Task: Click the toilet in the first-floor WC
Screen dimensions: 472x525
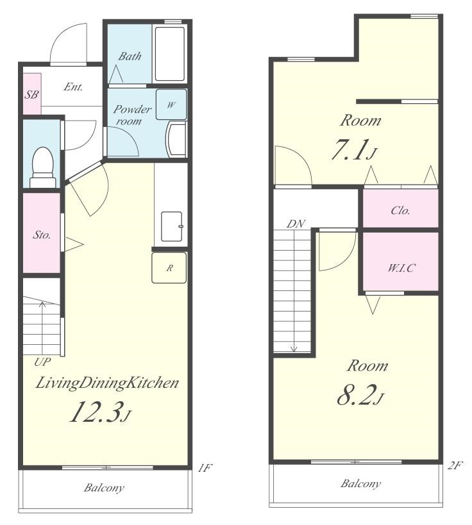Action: click(43, 167)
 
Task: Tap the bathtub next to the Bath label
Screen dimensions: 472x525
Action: click(170, 54)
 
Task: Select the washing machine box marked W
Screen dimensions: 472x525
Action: click(171, 104)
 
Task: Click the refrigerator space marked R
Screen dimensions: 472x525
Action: click(169, 267)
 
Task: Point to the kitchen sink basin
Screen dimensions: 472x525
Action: click(172, 226)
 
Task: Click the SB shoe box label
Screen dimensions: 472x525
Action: click(31, 95)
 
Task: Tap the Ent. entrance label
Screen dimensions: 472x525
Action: click(73, 87)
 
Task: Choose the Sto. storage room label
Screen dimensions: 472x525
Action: click(42, 235)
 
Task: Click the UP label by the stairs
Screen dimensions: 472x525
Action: click(42, 362)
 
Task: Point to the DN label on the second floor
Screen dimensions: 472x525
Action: click(296, 224)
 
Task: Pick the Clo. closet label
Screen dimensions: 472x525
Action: click(401, 210)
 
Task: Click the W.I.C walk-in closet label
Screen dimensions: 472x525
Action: click(401, 268)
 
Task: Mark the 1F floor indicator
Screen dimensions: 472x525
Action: click(205, 467)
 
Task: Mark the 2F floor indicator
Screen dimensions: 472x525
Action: click(455, 466)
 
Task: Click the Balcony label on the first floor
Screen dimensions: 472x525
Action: click(104, 487)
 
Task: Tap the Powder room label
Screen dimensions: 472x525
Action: click(132, 115)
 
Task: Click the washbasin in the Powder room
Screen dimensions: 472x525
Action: click(176, 139)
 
